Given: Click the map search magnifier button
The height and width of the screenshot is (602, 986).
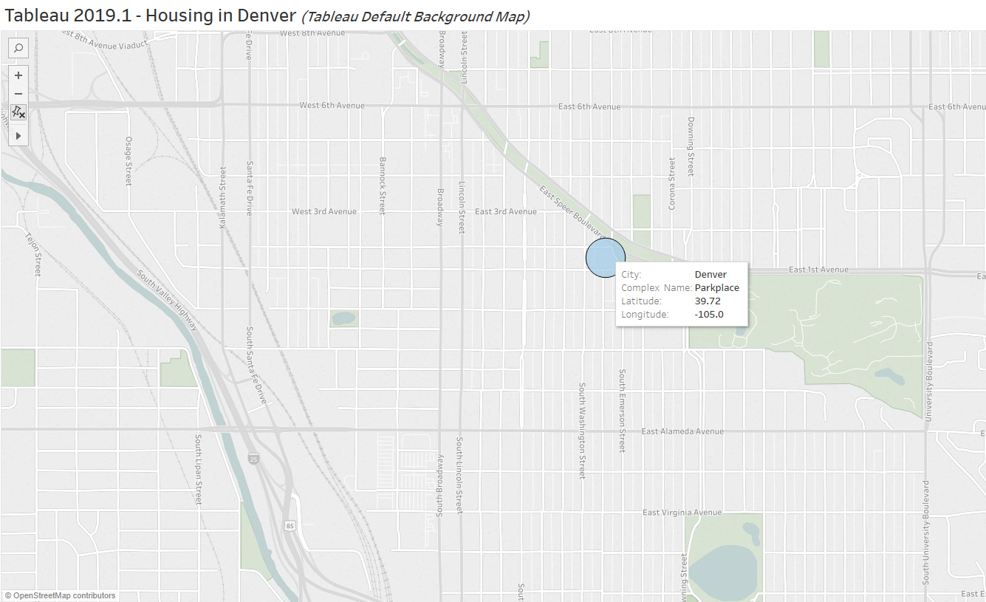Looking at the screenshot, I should [18, 49].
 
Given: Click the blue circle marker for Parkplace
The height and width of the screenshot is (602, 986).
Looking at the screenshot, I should [605, 258].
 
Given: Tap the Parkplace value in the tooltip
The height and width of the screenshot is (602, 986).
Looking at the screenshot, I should [716, 288].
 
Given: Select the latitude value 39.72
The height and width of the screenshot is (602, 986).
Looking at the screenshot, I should [707, 301].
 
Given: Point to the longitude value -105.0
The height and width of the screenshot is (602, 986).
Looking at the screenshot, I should [709, 315].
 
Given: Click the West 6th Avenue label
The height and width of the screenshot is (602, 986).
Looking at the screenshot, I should [332, 106].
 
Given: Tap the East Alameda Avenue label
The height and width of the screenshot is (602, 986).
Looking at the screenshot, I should [682, 431].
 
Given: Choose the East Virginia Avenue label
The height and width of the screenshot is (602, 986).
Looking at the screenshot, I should [682, 513].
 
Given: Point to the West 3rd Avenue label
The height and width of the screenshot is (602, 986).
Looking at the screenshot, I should [323, 212].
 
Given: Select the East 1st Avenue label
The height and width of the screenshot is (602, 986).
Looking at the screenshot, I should [818, 270].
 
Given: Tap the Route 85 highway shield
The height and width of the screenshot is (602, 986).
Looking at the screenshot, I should [289, 524].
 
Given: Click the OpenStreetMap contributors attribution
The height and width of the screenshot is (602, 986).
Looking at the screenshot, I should [61, 595].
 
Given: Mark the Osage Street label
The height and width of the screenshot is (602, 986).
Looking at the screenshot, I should [128, 161].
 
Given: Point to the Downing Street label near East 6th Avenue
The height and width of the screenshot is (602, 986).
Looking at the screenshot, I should [691, 146].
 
